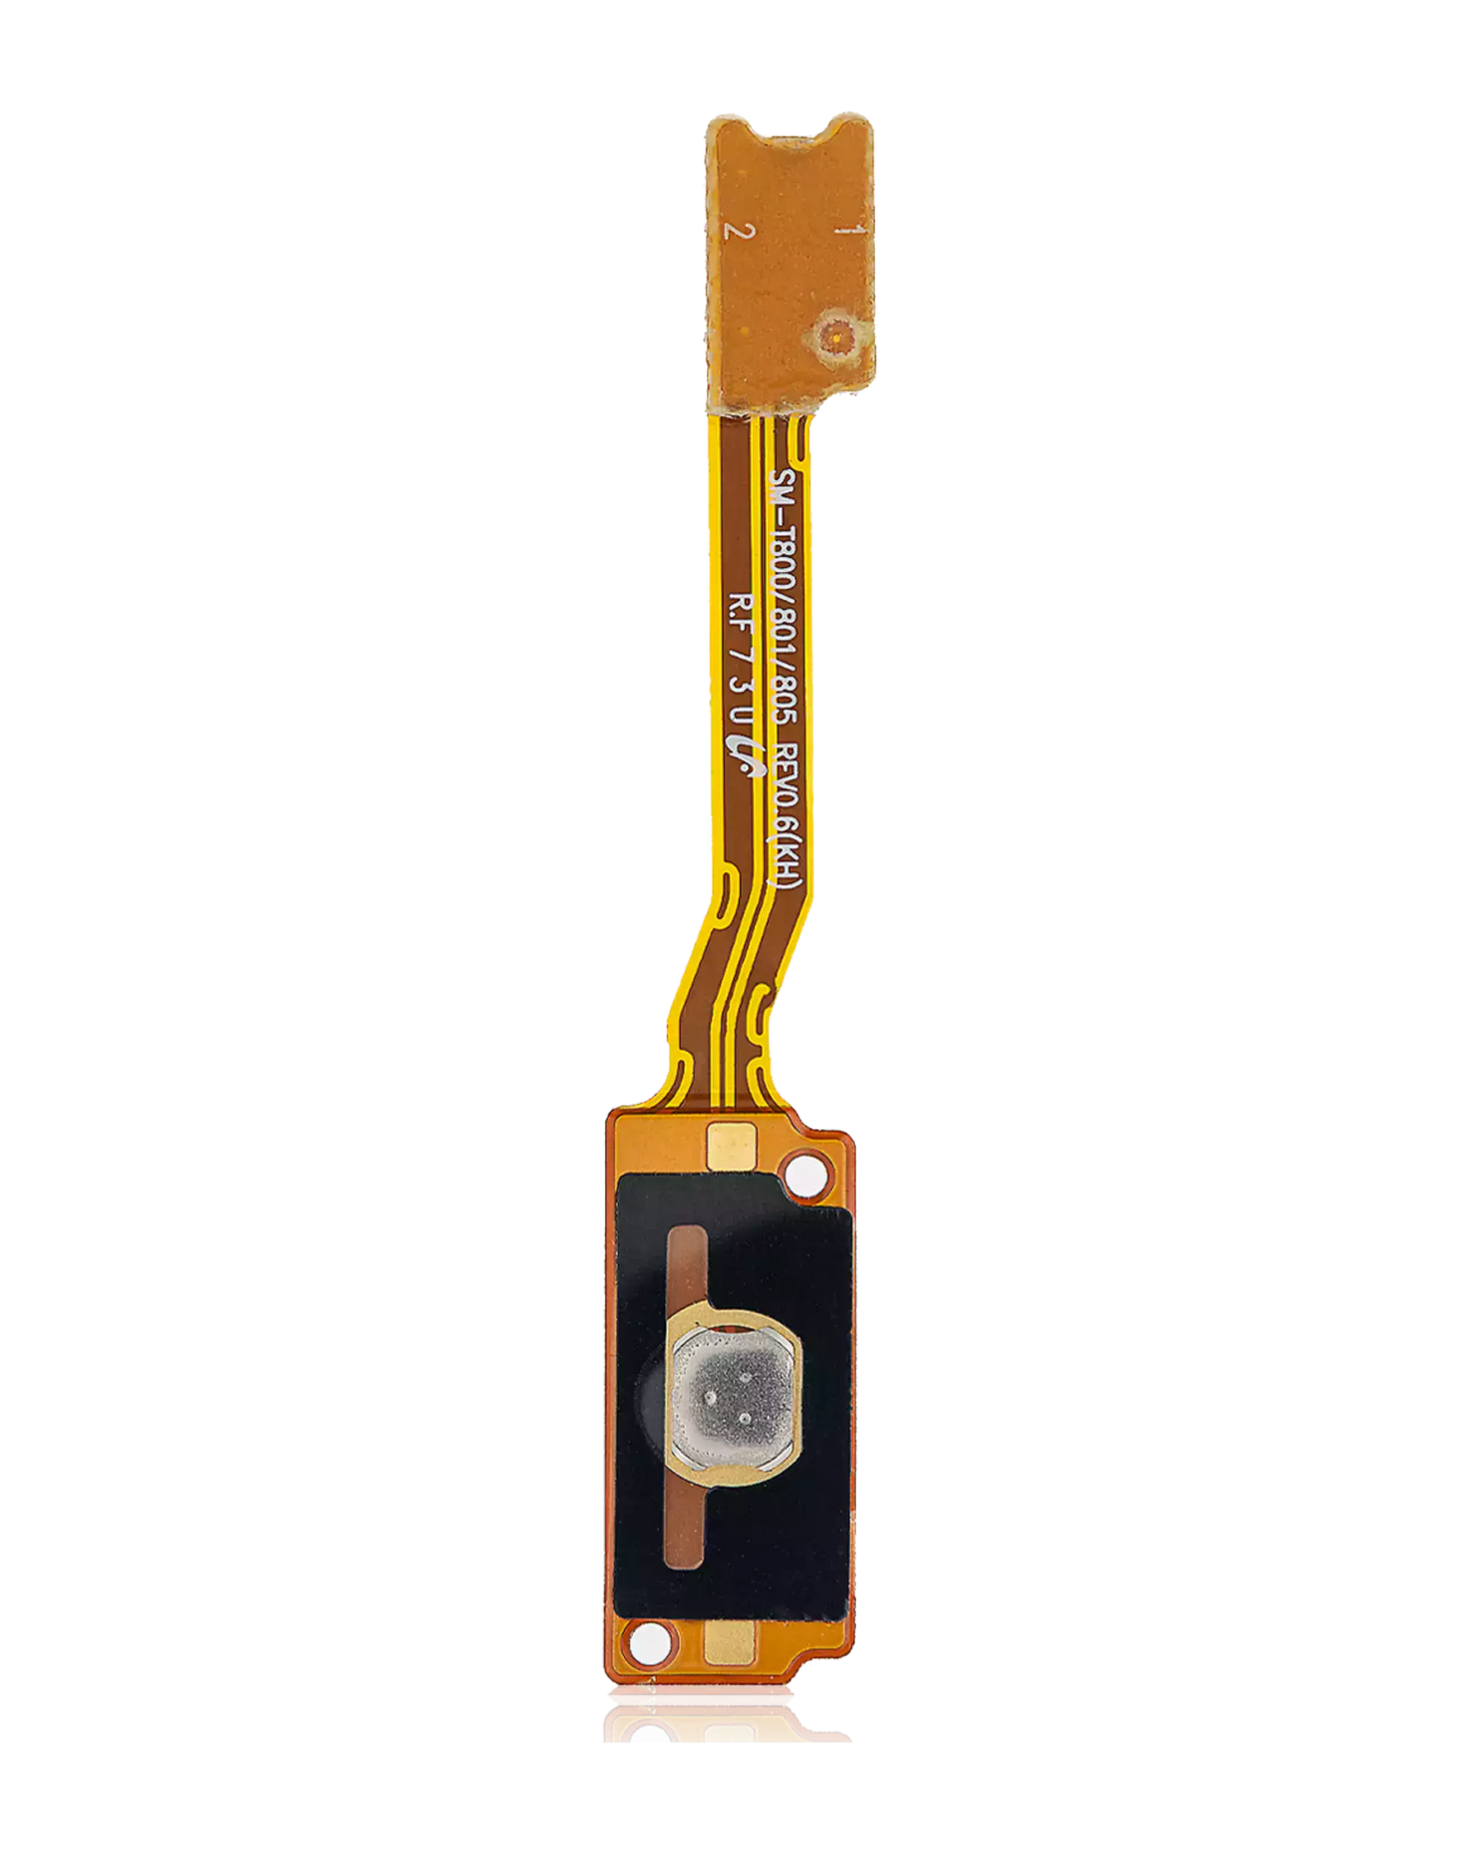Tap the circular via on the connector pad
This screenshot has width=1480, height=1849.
pyautogui.click(x=834, y=334)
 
